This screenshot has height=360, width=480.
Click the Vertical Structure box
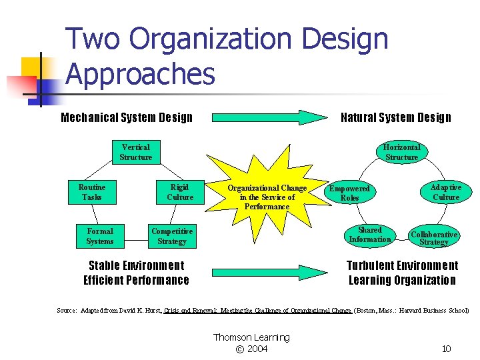click(136, 152)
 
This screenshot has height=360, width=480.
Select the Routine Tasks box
click(91, 192)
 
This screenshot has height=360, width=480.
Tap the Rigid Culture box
click(180, 192)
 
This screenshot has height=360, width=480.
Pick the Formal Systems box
click(100, 236)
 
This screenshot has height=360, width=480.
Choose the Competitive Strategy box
click(172, 236)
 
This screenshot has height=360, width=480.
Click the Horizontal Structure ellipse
click(402, 152)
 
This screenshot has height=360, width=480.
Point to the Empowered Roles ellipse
click(350, 193)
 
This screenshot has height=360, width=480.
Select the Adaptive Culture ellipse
click(445, 192)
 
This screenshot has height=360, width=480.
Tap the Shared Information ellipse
click(370, 235)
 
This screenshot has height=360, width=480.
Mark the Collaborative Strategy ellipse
click(434, 237)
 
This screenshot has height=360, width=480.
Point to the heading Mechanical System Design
click(127, 118)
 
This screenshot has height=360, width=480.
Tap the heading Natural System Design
click(395, 118)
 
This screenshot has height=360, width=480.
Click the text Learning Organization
click(402, 280)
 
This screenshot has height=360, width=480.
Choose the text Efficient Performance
click(136, 280)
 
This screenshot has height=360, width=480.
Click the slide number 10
click(447, 349)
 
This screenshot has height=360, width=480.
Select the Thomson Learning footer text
click(251, 337)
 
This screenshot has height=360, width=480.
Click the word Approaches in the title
click(141, 74)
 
